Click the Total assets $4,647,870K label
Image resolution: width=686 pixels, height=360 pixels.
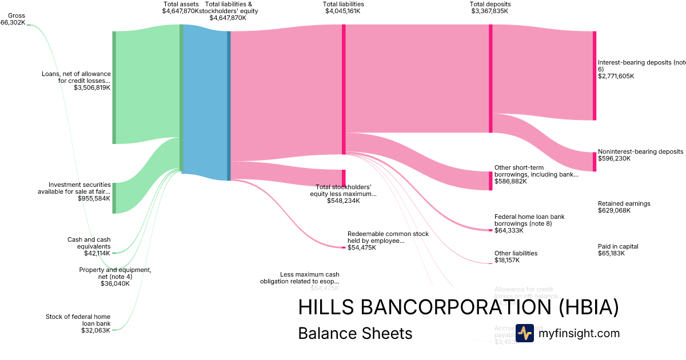click(181, 7)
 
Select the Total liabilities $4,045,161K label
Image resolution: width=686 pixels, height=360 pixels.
click(343, 7)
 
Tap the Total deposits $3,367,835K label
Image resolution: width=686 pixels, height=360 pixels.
click(489, 7)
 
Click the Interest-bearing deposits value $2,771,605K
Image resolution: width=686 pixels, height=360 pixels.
click(616, 76)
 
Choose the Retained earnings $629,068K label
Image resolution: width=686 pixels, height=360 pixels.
click(624, 207)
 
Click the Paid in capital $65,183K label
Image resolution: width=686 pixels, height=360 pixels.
click(618, 250)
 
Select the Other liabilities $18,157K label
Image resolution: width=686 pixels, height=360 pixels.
click(516, 257)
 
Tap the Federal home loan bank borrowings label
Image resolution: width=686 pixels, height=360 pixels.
click(529, 220)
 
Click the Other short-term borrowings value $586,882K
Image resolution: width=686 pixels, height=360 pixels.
click(510, 181)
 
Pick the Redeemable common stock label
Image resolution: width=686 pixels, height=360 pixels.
click(388, 237)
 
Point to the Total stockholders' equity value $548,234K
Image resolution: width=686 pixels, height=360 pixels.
click(344, 201)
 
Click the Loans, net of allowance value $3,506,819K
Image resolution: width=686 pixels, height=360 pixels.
click(91, 87)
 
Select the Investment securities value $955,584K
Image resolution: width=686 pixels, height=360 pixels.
click(94, 198)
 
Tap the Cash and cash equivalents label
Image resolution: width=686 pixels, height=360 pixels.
click(89, 243)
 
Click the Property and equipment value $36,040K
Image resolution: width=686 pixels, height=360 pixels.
click(114, 283)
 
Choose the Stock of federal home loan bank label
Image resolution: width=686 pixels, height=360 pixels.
click(78, 319)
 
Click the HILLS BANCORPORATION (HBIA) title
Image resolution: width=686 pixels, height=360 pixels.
click(458, 307)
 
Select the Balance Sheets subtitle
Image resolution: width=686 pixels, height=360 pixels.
click(355, 333)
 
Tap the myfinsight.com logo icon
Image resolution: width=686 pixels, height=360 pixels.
click(524, 333)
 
